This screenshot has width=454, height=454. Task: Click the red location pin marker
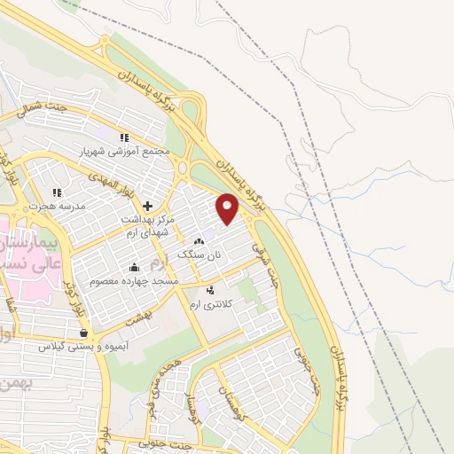tap(228, 208)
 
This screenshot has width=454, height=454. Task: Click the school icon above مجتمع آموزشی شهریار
tap(124, 137)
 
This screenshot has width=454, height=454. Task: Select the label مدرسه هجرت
tap(57, 206)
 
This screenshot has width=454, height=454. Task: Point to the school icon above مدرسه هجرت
tap(57, 192)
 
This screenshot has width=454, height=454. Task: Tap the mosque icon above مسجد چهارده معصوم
tap(135, 267)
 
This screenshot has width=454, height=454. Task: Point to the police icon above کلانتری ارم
tap(210, 290)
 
